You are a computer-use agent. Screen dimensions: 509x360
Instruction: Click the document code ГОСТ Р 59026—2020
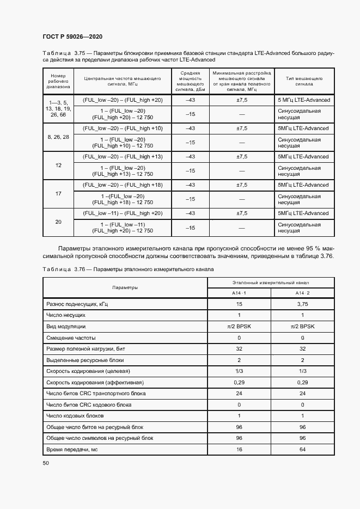pyautogui.click(x=72, y=36)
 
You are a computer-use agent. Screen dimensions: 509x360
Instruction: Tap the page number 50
pyautogui.click(x=46, y=463)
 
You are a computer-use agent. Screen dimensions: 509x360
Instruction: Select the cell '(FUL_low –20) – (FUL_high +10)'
pyautogui.click(x=123, y=128)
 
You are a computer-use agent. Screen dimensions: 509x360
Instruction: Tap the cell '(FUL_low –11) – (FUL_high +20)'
pyautogui.click(x=123, y=213)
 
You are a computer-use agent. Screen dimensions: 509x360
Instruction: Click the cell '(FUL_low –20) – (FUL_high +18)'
pyautogui.click(x=123, y=185)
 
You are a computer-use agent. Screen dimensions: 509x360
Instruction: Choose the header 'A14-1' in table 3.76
pyautogui.click(x=239, y=293)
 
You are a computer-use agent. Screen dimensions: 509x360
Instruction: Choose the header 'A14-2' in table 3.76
pyautogui.click(x=302, y=293)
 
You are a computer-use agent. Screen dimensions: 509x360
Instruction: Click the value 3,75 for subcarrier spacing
pyautogui.click(x=302, y=305)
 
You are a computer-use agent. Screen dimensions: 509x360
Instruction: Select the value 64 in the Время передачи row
pyautogui.click(x=302, y=450)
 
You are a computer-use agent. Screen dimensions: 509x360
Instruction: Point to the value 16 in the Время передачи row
pyautogui.click(x=239, y=450)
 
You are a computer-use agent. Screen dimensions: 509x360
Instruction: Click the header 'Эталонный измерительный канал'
pyautogui.click(x=271, y=283)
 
